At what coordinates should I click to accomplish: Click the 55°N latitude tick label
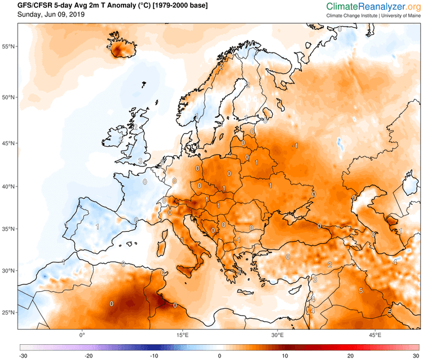pos(8,47)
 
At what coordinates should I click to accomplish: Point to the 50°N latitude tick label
pos(8,97)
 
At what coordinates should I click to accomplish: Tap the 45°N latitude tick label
pos(8,143)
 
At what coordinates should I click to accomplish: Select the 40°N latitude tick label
pos(8,187)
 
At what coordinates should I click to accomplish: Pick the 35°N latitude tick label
pos(8,229)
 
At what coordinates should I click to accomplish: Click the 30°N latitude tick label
pos(8,270)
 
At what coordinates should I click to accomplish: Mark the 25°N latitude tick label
pos(8,312)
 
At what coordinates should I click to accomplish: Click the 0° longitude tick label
pos(82,335)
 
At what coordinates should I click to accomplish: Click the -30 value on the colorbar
pos(23,356)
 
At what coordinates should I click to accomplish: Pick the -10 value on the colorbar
pos(153,356)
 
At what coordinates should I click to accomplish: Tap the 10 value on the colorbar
pos(286,356)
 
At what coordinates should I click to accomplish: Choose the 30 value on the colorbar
pos(416,356)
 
